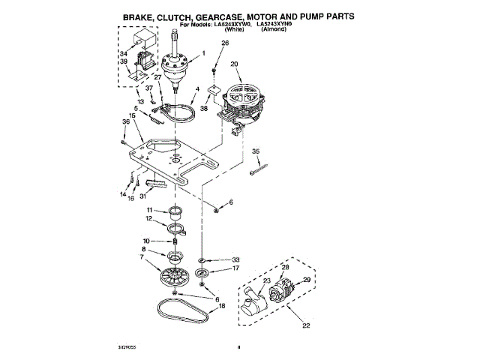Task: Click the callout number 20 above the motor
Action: (x=234, y=64)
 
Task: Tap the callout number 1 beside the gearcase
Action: (x=202, y=53)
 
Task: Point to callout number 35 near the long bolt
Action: (x=256, y=151)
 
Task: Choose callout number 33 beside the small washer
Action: (x=235, y=259)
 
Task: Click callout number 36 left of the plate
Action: (x=127, y=121)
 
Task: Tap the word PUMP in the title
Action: (x=296, y=15)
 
